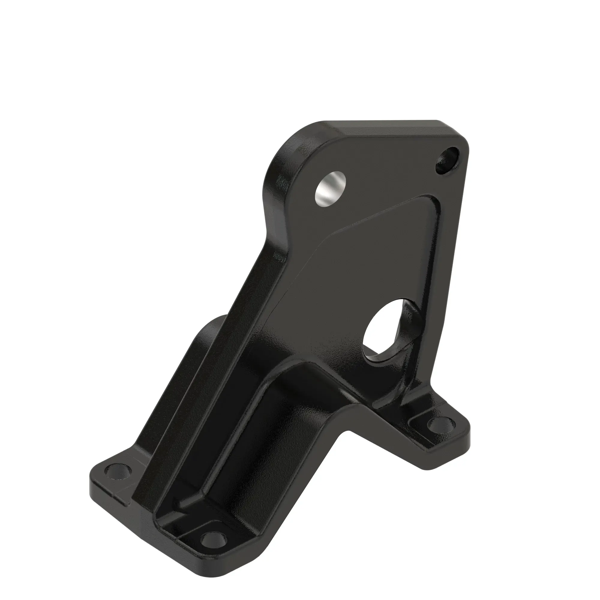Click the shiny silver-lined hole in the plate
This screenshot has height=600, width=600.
pyautogui.click(x=330, y=188)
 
